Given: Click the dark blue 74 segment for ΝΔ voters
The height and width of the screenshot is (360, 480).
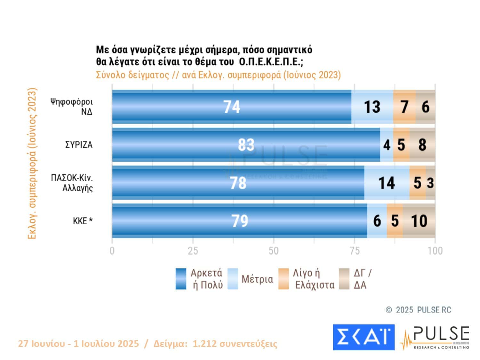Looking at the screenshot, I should click(231, 107).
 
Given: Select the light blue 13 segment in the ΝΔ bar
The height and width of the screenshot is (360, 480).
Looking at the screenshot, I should click(372, 107).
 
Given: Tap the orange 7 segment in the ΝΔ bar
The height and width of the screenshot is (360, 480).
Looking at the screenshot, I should click(404, 107).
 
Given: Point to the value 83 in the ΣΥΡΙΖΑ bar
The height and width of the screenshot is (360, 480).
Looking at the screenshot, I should click(246, 145).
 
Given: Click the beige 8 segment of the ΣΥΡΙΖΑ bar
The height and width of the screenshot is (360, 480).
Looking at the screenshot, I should click(422, 145).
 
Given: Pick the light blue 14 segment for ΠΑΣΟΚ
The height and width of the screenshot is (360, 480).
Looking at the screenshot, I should click(387, 183).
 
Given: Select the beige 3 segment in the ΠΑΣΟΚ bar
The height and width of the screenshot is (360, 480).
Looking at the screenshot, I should click(430, 183).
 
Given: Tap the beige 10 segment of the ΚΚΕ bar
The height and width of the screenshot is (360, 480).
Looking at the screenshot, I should click(419, 221).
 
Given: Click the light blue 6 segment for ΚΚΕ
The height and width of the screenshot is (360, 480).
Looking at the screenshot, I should click(377, 221).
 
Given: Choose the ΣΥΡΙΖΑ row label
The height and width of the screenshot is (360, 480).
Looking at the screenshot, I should click(79, 145).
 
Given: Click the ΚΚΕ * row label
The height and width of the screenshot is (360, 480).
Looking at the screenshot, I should click(83, 221).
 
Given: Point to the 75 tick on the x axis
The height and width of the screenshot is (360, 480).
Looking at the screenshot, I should click(355, 251).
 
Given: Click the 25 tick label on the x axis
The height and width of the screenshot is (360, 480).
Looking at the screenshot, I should click(193, 251).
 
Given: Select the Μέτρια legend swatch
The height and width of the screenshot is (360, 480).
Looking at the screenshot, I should click(233, 279).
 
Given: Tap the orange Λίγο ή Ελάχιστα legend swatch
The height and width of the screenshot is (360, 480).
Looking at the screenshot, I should click(284, 279).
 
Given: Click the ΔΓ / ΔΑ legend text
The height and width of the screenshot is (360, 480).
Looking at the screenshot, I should click(363, 279).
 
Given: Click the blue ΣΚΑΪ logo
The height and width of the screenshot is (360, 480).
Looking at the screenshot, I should click(364, 337).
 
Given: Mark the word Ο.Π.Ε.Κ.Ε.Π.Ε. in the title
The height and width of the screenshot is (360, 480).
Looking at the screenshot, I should click(271, 61).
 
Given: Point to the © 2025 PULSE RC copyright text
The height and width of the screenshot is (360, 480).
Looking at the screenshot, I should click(419, 310).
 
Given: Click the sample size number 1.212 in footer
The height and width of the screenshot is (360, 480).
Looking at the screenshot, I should click(204, 344).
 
